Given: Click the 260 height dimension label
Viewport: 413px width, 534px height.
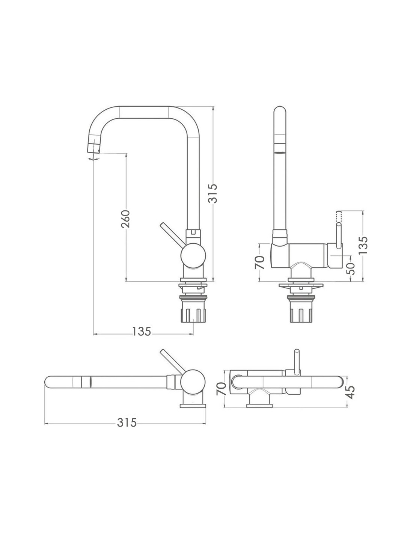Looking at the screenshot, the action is (x=125, y=219).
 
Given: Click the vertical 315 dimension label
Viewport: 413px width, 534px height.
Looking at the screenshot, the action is (x=213, y=193).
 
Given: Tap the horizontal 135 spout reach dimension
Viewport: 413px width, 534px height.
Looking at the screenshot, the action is (x=142, y=332).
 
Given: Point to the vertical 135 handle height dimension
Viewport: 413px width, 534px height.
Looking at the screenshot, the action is (x=363, y=245).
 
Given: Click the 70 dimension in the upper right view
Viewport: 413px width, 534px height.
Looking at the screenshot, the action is (x=260, y=262).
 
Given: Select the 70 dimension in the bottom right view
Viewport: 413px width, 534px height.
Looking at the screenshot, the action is (x=221, y=389).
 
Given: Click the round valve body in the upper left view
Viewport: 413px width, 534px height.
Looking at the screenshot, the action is (x=193, y=256).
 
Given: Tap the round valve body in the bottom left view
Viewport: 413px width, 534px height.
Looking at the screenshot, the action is (x=193, y=383).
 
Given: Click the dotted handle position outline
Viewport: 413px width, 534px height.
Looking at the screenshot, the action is (x=339, y=217).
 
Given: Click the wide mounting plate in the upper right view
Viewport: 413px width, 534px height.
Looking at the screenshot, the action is (x=301, y=285).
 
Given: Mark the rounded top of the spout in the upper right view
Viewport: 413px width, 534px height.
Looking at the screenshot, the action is (x=280, y=110).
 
